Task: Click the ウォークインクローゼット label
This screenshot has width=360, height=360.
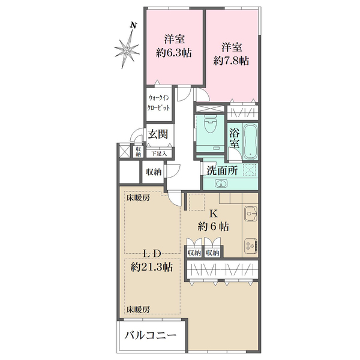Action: point(158,103)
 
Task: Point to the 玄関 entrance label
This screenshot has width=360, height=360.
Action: point(158,134)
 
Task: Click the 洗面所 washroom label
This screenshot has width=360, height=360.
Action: point(222,170)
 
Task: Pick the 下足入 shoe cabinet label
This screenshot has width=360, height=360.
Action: point(159,154)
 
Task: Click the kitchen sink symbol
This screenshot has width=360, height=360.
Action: point(250,214)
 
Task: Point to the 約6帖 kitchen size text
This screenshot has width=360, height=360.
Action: point(213,227)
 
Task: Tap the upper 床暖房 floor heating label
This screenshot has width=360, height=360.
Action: point(137,197)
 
